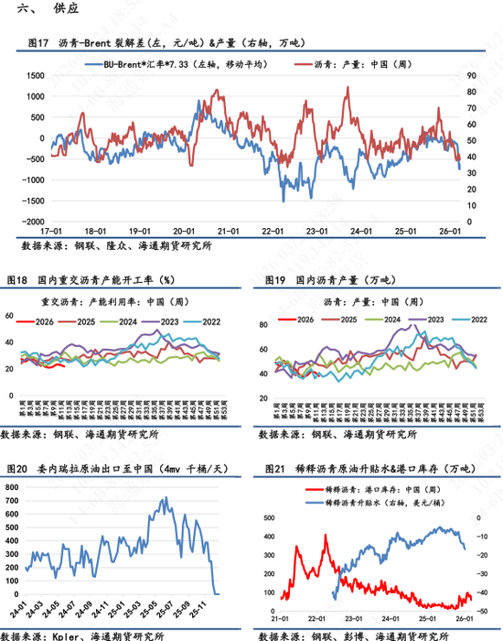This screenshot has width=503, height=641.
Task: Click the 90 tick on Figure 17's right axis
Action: point(471,75)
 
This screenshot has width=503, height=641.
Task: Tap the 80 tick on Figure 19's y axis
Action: point(264,326)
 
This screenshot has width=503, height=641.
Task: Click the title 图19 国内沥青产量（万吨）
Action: point(330,277)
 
